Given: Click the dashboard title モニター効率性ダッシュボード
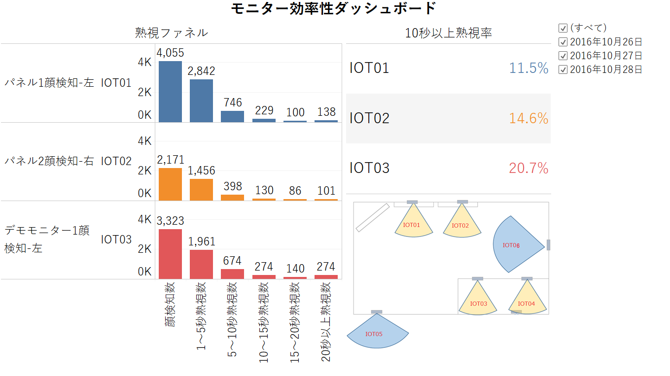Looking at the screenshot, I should [x=334, y=8].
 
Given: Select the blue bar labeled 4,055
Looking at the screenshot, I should [x=170, y=91].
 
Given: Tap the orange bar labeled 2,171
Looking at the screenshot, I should [x=170, y=184].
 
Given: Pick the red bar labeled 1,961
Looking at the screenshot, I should [x=201, y=264].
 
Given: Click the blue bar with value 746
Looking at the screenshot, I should [x=232, y=116].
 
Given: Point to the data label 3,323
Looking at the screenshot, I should [x=170, y=221].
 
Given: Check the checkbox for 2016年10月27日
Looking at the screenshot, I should [x=563, y=56].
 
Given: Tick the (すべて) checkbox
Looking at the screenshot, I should [x=563, y=28].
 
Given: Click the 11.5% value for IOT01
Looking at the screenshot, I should [x=529, y=68].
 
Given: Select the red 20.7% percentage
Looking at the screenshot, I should [x=529, y=168].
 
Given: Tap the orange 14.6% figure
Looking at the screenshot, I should [x=529, y=118].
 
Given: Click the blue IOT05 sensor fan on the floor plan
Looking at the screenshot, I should [x=378, y=334].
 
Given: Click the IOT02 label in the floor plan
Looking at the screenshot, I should [x=460, y=226].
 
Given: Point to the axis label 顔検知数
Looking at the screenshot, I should [x=170, y=305].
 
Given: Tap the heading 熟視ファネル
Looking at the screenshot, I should [x=171, y=33].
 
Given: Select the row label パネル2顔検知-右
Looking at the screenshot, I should [x=49, y=161].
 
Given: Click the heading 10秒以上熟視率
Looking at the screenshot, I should [x=448, y=33].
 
